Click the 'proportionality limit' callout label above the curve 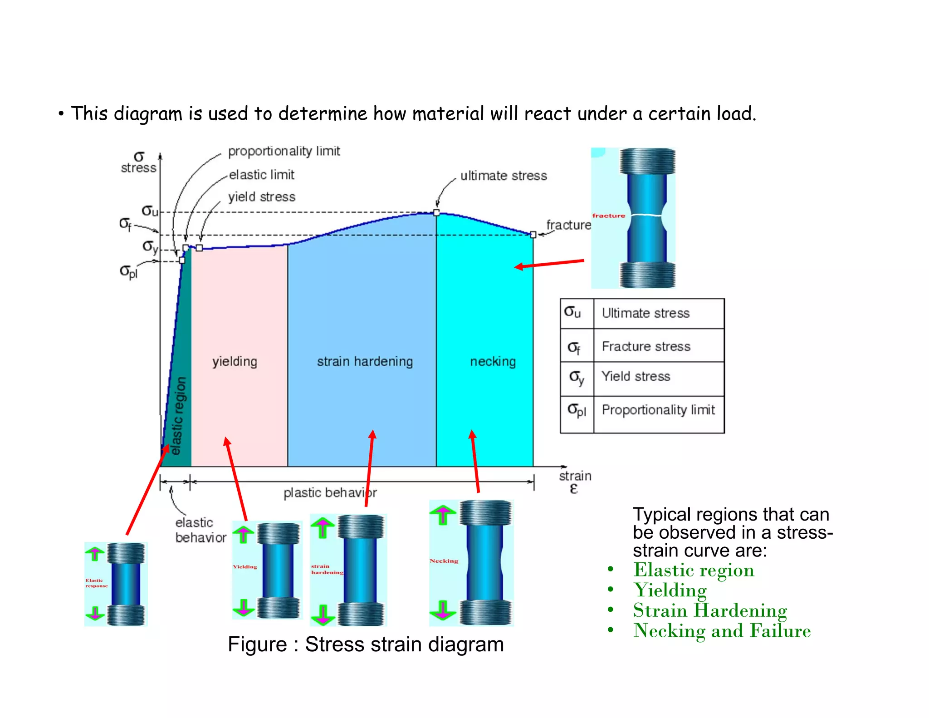pyautogui.click(x=284, y=151)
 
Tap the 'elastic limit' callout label pyautogui.click(x=262, y=175)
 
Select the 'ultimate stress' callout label pyautogui.click(x=504, y=176)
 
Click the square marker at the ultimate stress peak pyautogui.click(x=436, y=212)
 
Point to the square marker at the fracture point pyautogui.click(x=533, y=235)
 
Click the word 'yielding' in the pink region pyautogui.click(x=235, y=362)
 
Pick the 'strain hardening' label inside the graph pyautogui.click(x=365, y=362)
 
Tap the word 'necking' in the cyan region pyautogui.click(x=493, y=362)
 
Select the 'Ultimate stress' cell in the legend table pyautogui.click(x=645, y=313)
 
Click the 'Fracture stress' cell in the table pyautogui.click(x=646, y=347)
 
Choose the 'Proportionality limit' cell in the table pyautogui.click(x=658, y=410)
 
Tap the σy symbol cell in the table pyautogui.click(x=577, y=377)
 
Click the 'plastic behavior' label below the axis pyautogui.click(x=330, y=493)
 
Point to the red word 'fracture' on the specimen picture pyautogui.click(x=608, y=216)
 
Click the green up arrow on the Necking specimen pyautogui.click(x=443, y=515)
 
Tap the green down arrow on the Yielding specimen pyautogui.click(x=244, y=607)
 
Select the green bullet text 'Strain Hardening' pyautogui.click(x=710, y=610)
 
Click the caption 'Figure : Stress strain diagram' pyautogui.click(x=366, y=644)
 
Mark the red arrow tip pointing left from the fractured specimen pyautogui.click(x=516, y=267)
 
